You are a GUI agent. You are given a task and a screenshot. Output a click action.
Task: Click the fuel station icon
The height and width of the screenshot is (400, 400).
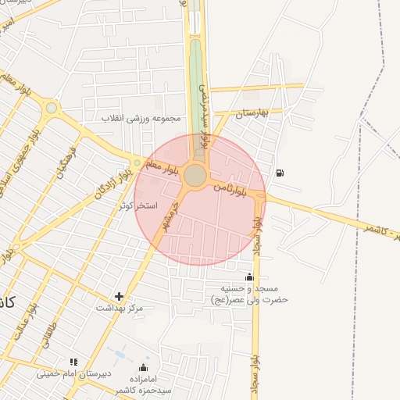coord(280,173)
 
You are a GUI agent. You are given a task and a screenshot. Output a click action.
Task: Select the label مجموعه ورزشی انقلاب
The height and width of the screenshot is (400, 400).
coord(141,118)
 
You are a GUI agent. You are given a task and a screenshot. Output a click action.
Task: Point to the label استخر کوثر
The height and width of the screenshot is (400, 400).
coord(138,205)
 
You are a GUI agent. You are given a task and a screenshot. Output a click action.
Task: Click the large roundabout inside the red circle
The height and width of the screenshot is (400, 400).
coord(195,176)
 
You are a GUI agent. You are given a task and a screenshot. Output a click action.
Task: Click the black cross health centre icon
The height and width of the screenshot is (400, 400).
coord(119,296)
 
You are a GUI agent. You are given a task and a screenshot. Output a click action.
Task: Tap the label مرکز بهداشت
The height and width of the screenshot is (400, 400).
coord(120,308)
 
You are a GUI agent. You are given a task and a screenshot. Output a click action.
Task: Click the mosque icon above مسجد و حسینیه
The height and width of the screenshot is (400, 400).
coord(249,277)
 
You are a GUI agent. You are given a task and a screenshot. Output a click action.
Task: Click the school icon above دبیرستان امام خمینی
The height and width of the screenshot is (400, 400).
coord(73,362)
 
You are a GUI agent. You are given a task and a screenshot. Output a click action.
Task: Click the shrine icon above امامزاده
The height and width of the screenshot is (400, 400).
coord(142,367)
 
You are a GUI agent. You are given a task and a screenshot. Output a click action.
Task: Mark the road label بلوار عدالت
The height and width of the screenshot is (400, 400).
coord(20,321)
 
